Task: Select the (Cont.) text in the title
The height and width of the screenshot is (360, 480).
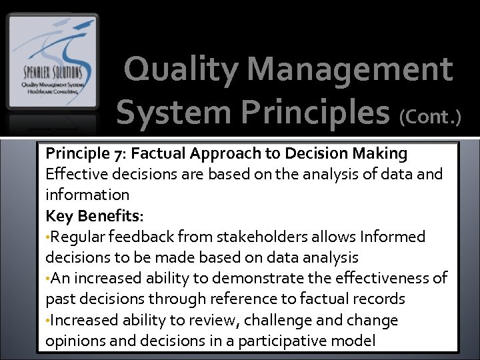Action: pos(430,117)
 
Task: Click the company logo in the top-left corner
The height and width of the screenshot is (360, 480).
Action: pos(52,71)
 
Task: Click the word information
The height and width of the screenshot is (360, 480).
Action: pos(87,195)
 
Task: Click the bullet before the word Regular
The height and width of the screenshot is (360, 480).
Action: pos(48,237)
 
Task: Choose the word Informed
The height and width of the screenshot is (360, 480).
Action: pos(392,237)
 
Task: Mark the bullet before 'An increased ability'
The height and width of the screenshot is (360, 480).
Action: pos(48,279)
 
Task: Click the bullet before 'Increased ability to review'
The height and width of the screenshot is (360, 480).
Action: pos(48,321)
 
